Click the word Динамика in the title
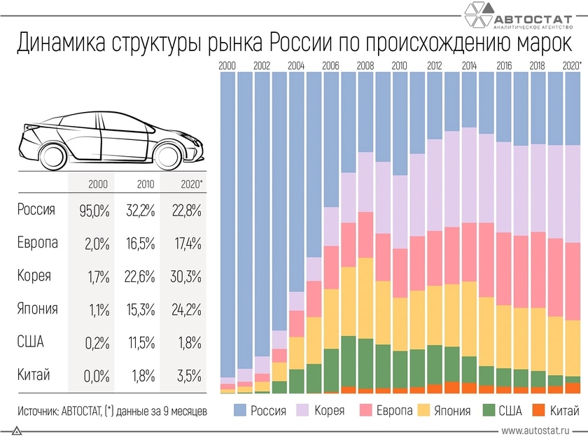point(59,43)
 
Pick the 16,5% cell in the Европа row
point(139,243)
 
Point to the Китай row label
point(34,374)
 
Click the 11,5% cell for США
point(139,342)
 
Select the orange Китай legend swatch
point(538,409)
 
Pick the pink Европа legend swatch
point(367,409)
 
